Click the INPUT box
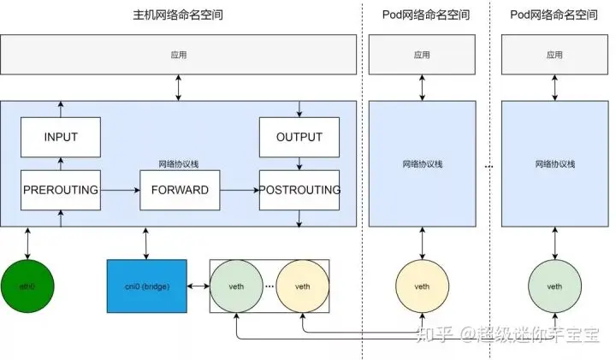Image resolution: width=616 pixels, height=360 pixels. pyautogui.click(x=60, y=137)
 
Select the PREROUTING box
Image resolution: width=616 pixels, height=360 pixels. pyautogui.click(x=60, y=189)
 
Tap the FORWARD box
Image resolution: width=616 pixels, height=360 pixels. pyautogui.click(x=180, y=189)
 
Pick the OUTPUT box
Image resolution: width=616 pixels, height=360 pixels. pyautogui.click(x=299, y=137)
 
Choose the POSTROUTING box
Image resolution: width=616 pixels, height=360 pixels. pyautogui.click(x=299, y=189)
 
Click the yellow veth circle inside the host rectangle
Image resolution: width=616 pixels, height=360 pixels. pyautogui.click(x=302, y=286)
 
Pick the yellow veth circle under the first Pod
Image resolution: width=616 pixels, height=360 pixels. pyautogui.click(x=422, y=286)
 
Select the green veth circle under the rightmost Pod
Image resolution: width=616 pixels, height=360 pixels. pyautogui.click(x=554, y=286)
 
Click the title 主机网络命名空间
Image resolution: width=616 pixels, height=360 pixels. pyautogui.click(x=179, y=15)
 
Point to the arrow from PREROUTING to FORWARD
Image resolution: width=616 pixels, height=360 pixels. pyautogui.click(x=120, y=190)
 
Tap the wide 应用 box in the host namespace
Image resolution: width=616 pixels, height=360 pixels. pyautogui.click(x=178, y=54)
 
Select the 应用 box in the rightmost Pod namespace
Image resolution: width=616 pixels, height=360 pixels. pyautogui.click(x=554, y=54)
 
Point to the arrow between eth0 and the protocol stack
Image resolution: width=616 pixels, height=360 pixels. pyautogui.click(x=29, y=244)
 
